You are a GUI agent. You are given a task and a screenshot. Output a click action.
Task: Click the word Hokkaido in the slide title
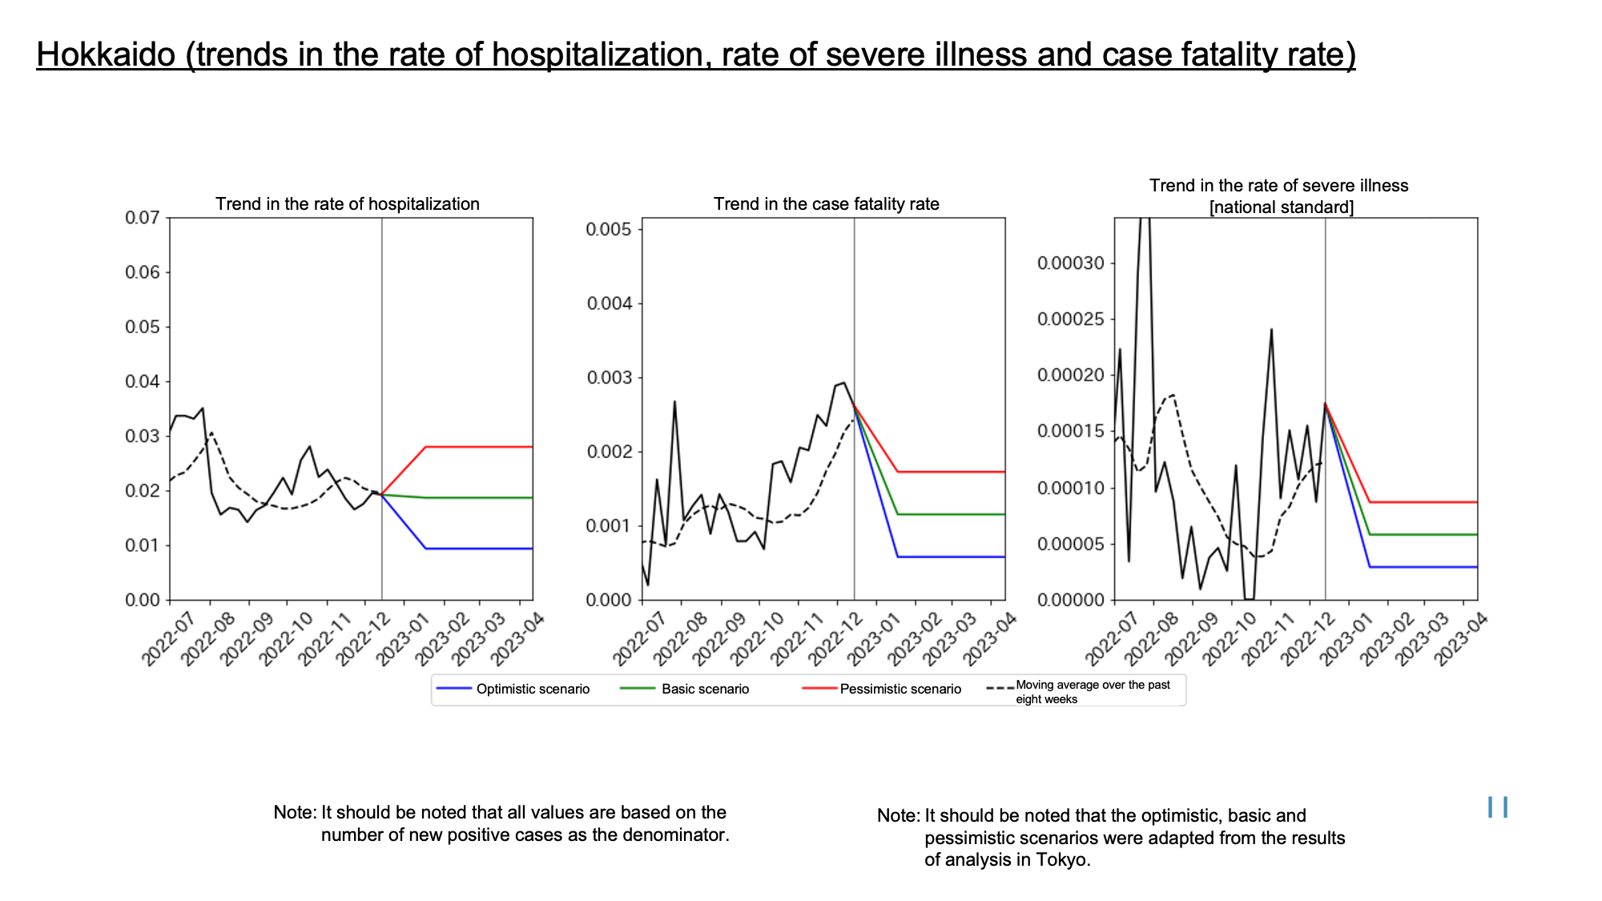pos(106,54)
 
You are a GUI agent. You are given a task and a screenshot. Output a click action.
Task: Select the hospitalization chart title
pos(348,204)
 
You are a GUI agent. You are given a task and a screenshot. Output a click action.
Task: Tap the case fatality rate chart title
pos(827,204)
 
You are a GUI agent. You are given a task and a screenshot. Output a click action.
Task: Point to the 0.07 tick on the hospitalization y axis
pos(143,218)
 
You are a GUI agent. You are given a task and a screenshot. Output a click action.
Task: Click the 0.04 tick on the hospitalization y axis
pos(143,381)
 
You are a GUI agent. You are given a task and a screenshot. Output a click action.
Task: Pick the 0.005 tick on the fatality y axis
pos(609,230)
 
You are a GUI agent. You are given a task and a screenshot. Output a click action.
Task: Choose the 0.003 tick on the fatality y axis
pos(609,378)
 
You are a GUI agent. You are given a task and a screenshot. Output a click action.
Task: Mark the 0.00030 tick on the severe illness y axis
pos(1071,263)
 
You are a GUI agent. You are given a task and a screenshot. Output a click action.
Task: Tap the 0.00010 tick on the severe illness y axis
pos(1071,489)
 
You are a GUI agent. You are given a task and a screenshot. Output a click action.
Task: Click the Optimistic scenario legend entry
pos(513,689)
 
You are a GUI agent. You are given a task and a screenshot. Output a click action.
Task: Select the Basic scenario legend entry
pos(685,689)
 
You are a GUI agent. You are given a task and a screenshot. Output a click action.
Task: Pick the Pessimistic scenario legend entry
pos(882,689)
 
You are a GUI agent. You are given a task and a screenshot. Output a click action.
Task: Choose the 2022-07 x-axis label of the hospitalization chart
pos(169,639)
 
